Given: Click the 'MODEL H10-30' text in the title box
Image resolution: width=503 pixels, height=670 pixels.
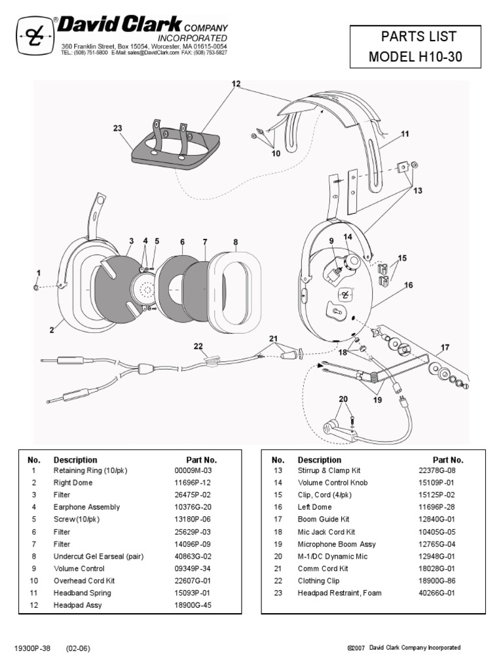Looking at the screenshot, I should pyautogui.click(x=415, y=57).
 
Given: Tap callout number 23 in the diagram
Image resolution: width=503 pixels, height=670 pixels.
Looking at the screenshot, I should pyautogui.click(x=118, y=129).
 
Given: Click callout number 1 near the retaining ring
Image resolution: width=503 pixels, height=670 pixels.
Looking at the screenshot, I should pyautogui.click(x=39, y=273).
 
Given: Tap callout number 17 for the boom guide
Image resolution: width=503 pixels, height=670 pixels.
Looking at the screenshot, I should pyautogui.click(x=445, y=347).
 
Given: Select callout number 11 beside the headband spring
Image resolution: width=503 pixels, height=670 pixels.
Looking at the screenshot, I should pyautogui.click(x=405, y=134).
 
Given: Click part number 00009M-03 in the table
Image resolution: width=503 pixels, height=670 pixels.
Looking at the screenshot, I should pyautogui.click(x=190, y=470).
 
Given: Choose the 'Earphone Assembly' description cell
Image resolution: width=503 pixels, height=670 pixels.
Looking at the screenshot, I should pyautogui.click(x=86, y=507).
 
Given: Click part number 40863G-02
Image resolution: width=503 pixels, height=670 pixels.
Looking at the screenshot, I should pyautogui.click(x=190, y=556).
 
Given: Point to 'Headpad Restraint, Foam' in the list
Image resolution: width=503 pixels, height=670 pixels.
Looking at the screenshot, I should pyautogui.click(x=339, y=593).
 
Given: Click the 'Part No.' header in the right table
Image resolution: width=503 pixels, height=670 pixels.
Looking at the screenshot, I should pyautogui.click(x=448, y=460).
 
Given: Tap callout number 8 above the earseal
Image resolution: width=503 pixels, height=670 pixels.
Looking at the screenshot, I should pyautogui.click(x=235, y=242).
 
